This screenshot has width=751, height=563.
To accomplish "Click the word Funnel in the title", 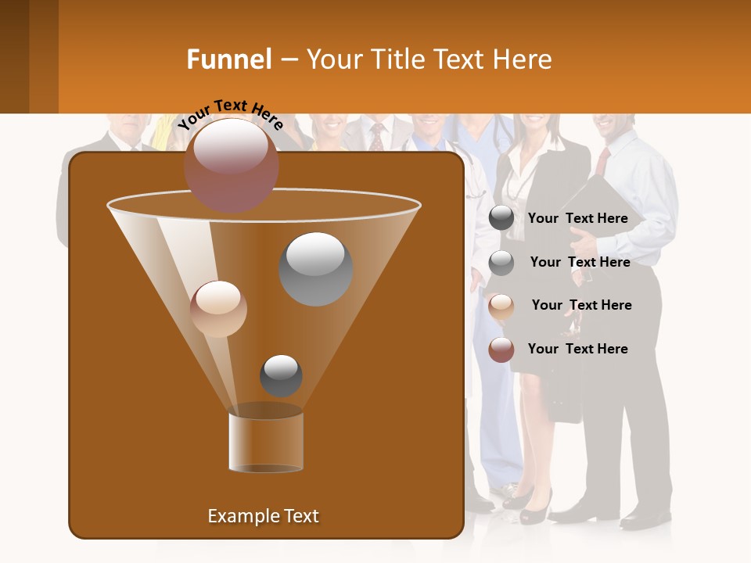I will click(229, 59).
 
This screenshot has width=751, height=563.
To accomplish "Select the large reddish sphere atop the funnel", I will click(232, 165).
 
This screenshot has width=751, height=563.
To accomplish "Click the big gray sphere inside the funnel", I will click(316, 269).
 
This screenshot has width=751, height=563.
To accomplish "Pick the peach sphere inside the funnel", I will click(218, 309).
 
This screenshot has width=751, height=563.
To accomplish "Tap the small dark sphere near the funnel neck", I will click(281, 375).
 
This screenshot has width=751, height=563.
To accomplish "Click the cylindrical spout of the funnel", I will click(266, 443).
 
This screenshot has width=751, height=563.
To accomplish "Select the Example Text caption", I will click(263, 516).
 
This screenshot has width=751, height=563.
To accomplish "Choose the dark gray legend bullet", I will click(501, 218).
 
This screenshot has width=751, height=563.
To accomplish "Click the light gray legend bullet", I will click(501, 263).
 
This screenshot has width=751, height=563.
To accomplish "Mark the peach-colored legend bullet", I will click(501, 306).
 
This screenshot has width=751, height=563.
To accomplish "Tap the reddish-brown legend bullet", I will click(501, 350).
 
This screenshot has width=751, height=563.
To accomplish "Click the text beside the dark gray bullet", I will click(577, 218).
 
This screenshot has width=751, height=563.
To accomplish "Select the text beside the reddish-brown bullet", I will click(577, 349).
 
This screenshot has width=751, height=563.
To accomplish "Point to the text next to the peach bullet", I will click(581, 305).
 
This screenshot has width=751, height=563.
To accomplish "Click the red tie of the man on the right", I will click(602, 161).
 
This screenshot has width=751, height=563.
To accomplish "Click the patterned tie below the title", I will click(377, 136).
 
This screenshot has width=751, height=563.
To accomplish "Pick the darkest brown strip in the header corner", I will click(14, 56).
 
